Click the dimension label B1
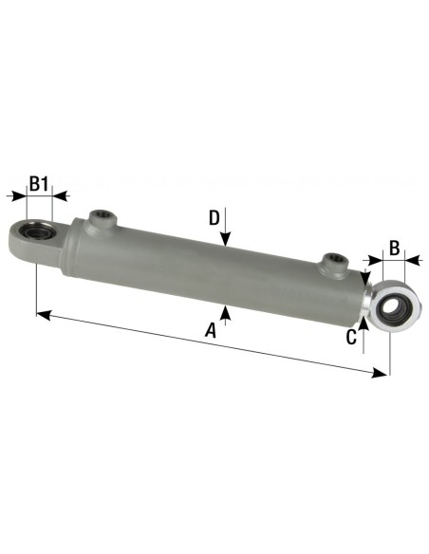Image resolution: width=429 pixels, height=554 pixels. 39,182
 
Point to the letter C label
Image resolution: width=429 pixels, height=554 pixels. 351,335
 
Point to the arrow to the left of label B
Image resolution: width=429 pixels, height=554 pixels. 365,256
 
